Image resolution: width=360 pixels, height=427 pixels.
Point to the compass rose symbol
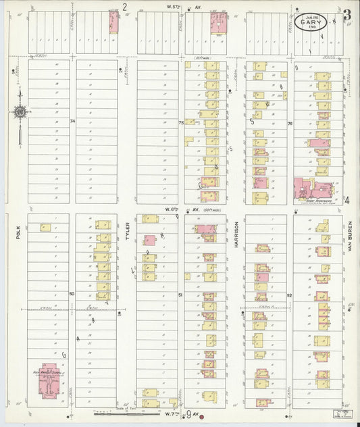tap(20, 111)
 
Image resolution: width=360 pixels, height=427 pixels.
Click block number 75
tap(181, 123)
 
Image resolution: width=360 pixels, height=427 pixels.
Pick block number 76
tap(290, 123)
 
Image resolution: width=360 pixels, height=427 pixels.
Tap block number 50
tap(72, 294)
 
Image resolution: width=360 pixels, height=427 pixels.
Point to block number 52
tap(290, 295)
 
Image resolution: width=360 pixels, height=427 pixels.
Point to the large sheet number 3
tap(346, 16)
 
